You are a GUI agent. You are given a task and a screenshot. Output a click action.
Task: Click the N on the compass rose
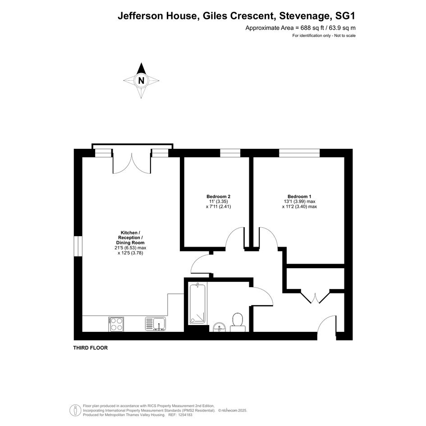pyautogui.click(x=141, y=81)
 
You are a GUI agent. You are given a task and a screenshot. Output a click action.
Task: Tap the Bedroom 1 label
pyautogui.click(x=299, y=197)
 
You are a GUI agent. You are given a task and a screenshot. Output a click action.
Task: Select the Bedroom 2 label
pyautogui.click(x=219, y=197)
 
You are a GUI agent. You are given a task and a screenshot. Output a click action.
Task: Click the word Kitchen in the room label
pyautogui.click(x=129, y=233)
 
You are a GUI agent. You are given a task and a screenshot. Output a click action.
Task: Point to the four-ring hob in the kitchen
pyautogui.click(x=117, y=324)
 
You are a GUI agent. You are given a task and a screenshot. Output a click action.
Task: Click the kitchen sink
pyautogui.click(x=155, y=324)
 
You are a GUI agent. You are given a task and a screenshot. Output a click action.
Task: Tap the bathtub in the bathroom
pyautogui.click(x=197, y=303)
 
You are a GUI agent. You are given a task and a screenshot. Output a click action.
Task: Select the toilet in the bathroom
pyautogui.click(x=238, y=322)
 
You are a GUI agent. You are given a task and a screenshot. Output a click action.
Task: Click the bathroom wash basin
pyautogui.click(x=219, y=327)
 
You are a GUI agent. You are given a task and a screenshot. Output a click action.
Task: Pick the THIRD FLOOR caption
pyautogui.click(x=91, y=348)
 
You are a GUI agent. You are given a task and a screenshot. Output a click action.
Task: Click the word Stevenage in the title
pyautogui.click(x=304, y=16)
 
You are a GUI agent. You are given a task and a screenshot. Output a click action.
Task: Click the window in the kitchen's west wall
pyautogui.click(x=78, y=246)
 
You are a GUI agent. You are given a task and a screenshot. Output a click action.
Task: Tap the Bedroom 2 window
pyautogui.click(x=230, y=153)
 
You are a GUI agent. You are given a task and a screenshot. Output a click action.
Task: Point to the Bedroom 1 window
pyautogui.click(x=299, y=153)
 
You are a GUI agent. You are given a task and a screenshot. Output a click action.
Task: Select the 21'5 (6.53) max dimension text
pyautogui.click(x=130, y=248)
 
